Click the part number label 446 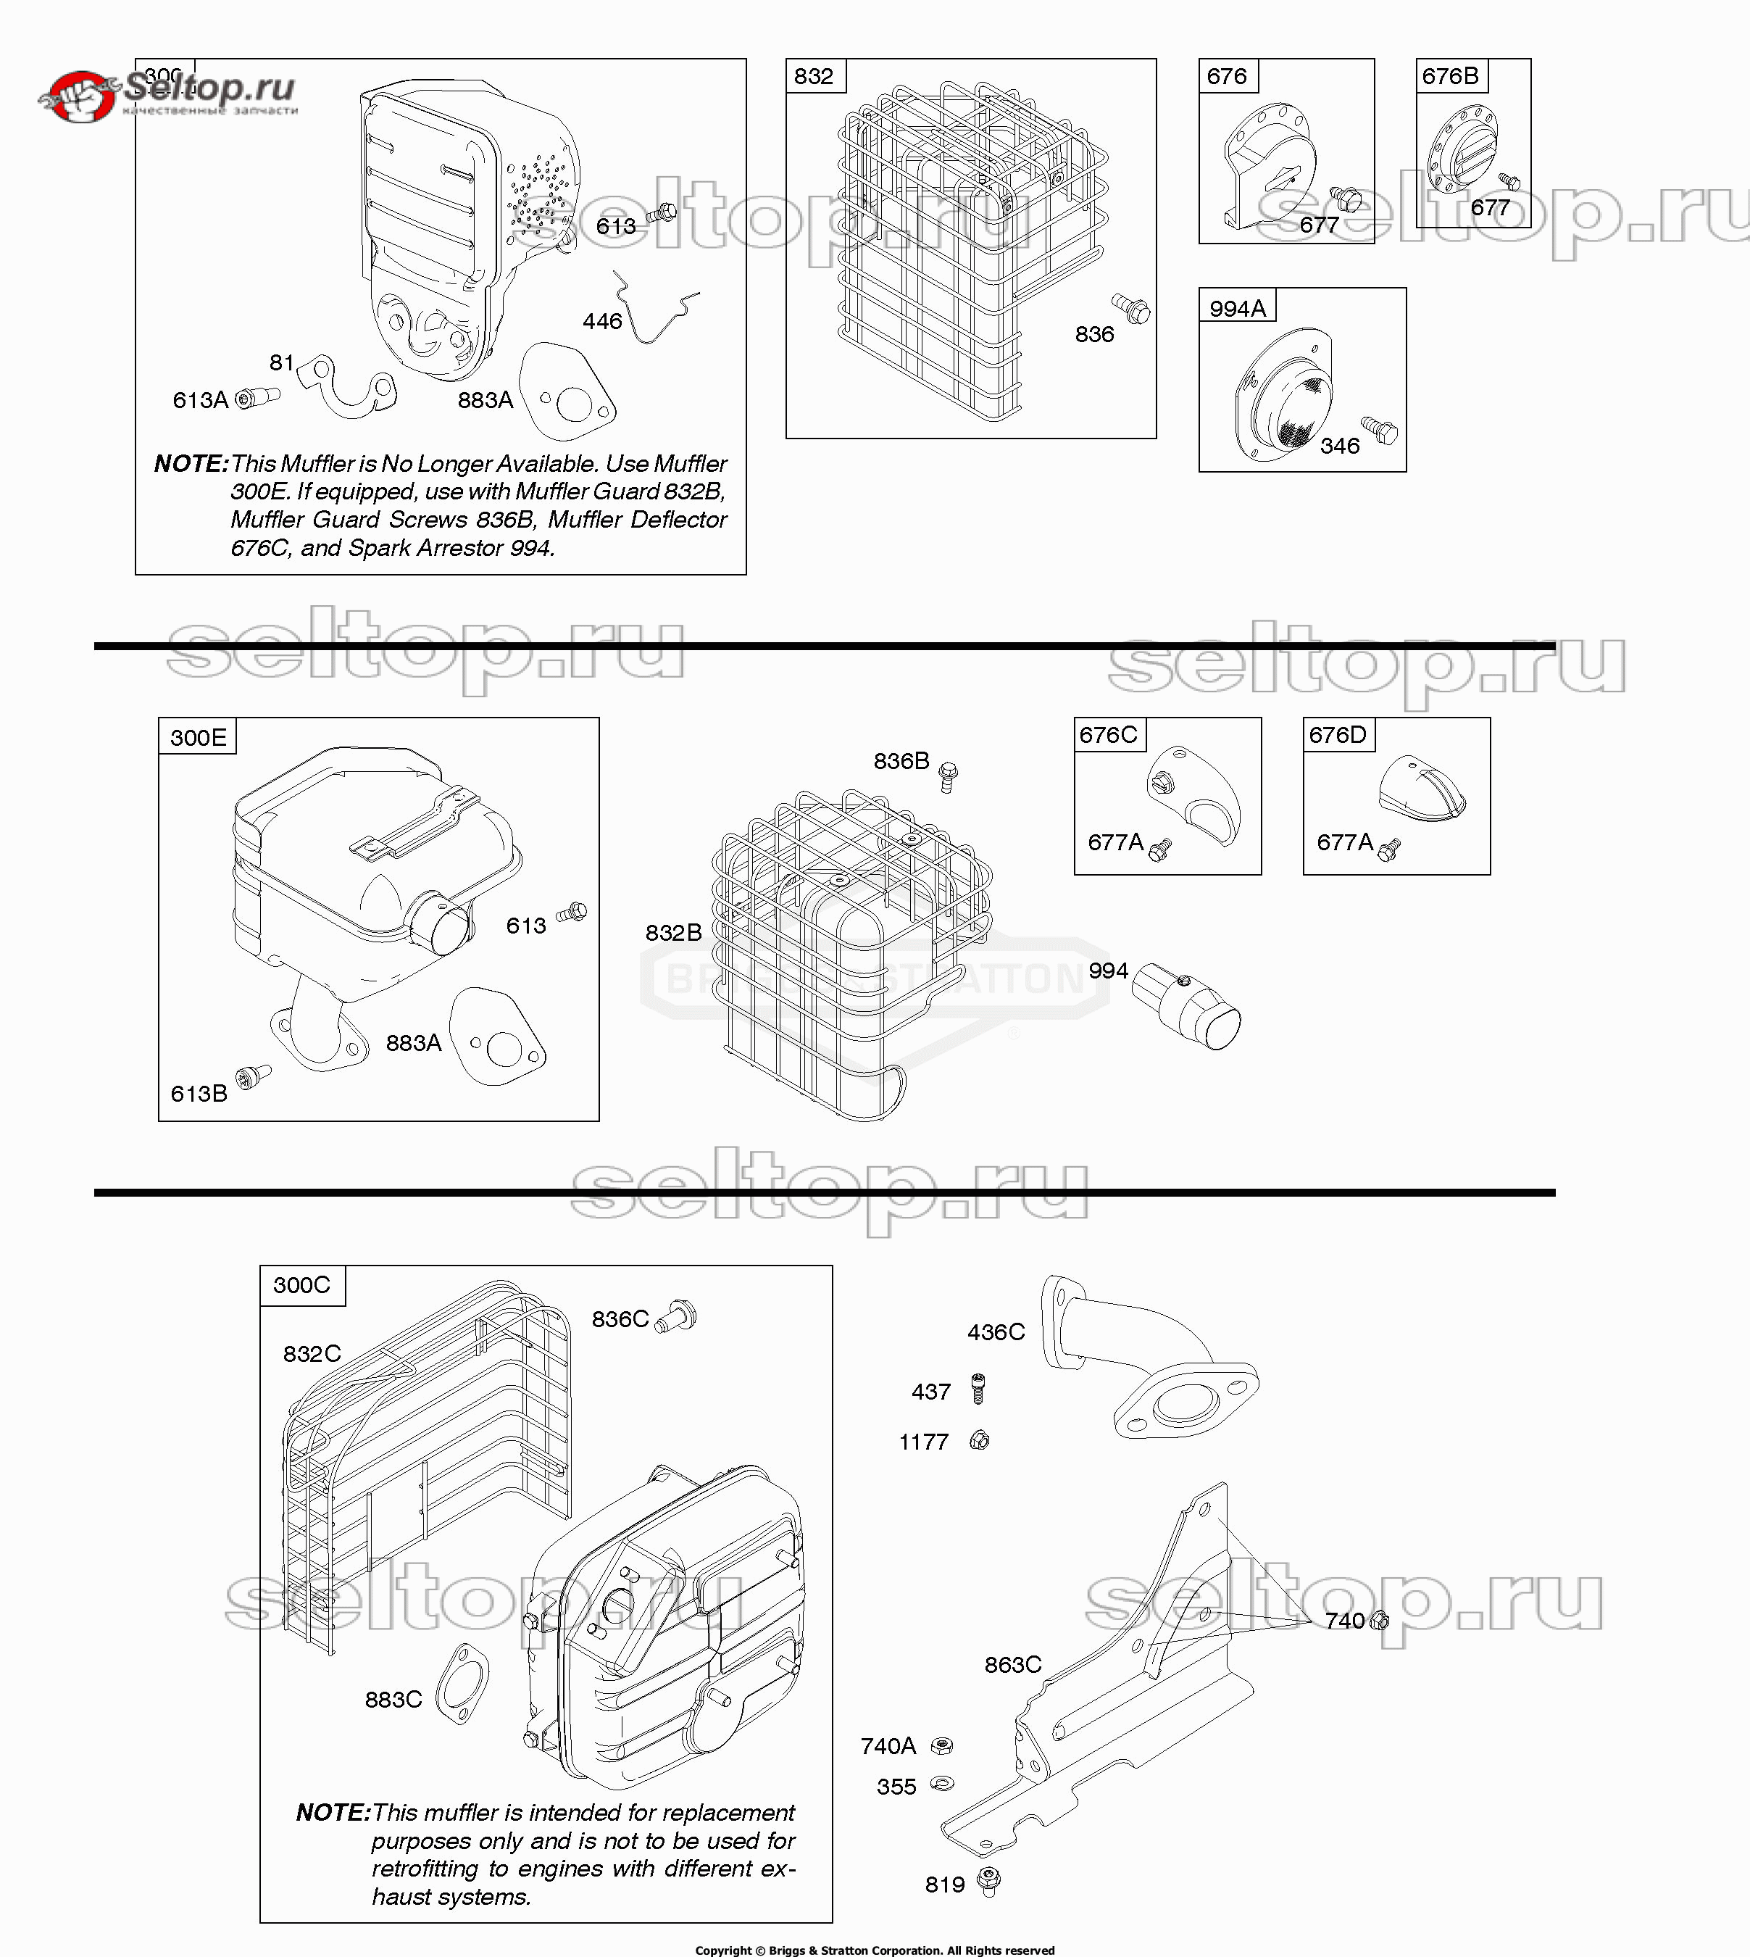tap(602, 321)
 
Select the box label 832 tap(814, 76)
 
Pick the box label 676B tap(1450, 76)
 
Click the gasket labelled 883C tap(462, 1685)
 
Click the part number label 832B tap(673, 933)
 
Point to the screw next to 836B tap(948, 775)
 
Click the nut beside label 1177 tap(979, 1441)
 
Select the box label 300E tap(198, 738)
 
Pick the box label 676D tap(1338, 735)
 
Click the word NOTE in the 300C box tap(333, 1813)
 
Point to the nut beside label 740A tap(943, 1745)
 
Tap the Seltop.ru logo tap(168, 94)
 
